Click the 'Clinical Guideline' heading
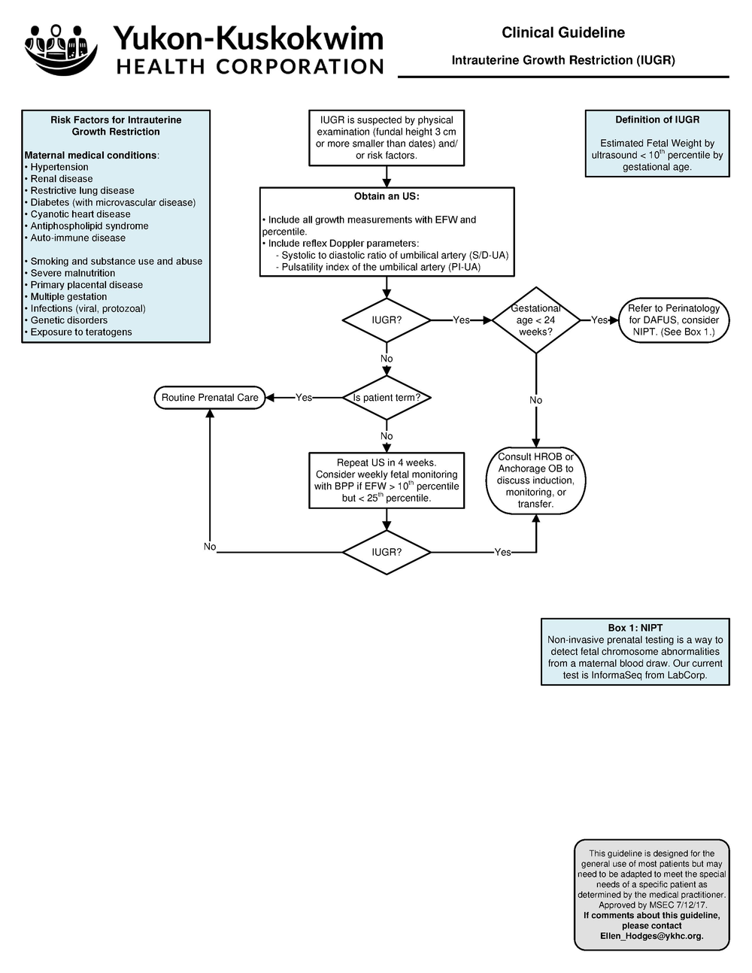click(x=562, y=32)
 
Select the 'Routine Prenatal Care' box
click(x=210, y=398)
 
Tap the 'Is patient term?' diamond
click(x=387, y=398)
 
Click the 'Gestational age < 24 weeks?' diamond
click(x=535, y=320)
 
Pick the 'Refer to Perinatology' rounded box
click(x=673, y=320)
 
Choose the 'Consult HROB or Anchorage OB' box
click(x=535, y=480)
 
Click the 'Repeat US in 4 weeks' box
click(x=387, y=480)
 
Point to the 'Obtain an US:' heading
click(x=387, y=197)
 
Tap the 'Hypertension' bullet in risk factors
click(x=59, y=168)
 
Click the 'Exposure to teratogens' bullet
click(x=80, y=332)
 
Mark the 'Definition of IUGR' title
click(x=657, y=120)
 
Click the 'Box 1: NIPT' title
click(x=635, y=628)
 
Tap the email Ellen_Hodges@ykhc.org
click(x=651, y=936)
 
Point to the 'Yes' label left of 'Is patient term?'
click(x=304, y=398)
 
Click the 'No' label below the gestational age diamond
click(x=535, y=401)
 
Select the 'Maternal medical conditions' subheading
click(x=90, y=156)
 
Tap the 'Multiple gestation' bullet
click(x=68, y=297)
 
